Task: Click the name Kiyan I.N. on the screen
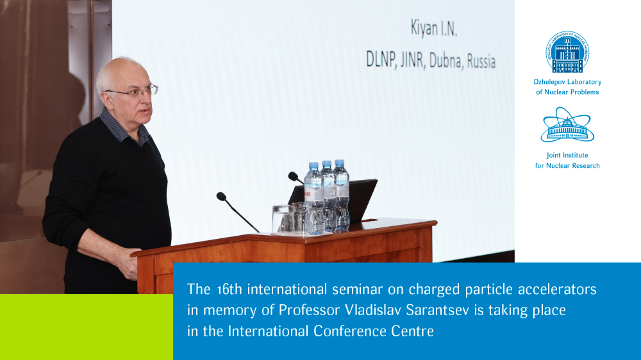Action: pyautogui.click(x=434, y=29)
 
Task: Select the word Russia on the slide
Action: pyautogui.click(x=481, y=61)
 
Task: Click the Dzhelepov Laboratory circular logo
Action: pyautogui.click(x=567, y=52)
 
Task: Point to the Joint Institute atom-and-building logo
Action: pyautogui.click(x=567, y=125)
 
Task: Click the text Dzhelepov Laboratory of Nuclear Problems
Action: pyautogui.click(x=567, y=87)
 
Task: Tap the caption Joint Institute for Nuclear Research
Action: pyautogui.click(x=567, y=160)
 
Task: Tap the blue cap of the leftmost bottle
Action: pyautogui.click(x=313, y=166)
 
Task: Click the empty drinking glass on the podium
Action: pyautogui.click(x=282, y=219)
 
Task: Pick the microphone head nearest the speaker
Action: pyautogui.click(x=221, y=197)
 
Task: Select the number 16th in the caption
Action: pyautogui.click(x=229, y=290)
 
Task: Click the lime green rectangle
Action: pyautogui.click(x=87, y=327)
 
